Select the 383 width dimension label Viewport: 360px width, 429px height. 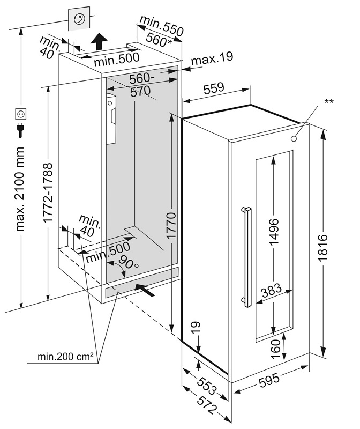tap(271, 292)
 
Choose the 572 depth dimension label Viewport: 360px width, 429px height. tap(205, 401)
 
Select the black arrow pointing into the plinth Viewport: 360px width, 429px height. tap(146, 290)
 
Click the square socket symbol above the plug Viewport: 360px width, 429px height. tap(22, 114)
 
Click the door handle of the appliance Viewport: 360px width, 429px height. tap(247, 256)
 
